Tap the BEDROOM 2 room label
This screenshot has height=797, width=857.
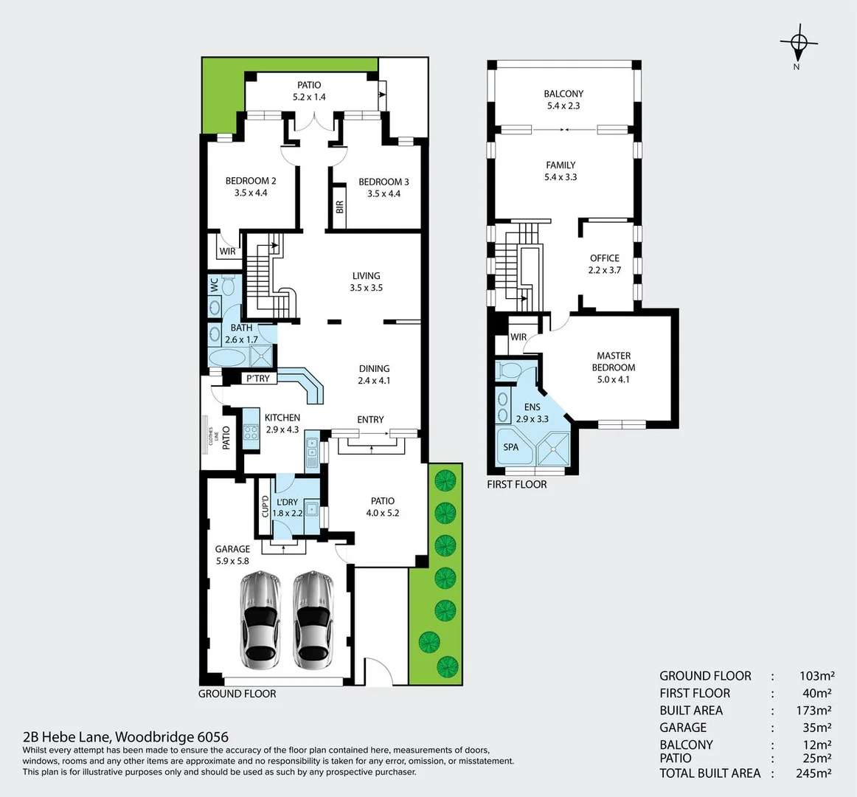coord(251,187)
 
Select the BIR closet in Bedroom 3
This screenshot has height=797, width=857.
coord(339,207)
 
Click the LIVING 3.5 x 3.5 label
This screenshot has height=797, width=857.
coord(367,282)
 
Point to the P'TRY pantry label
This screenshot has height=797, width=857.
coord(257,379)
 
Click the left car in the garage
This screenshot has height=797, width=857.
coord(261,617)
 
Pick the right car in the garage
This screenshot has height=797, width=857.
coord(313,617)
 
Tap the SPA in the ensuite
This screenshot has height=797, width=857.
coord(511,447)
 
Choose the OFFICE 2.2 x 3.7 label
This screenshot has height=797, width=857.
coord(605,264)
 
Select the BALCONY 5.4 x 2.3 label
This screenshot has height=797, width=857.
coord(563,100)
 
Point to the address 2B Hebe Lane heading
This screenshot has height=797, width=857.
coord(126,736)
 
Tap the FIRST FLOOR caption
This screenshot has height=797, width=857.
coord(517,484)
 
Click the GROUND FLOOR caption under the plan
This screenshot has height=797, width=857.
coord(237,694)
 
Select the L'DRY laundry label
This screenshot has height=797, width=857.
coord(288,508)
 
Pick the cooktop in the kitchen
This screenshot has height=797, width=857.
coord(251,432)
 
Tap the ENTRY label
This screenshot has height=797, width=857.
coord(370,419)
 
